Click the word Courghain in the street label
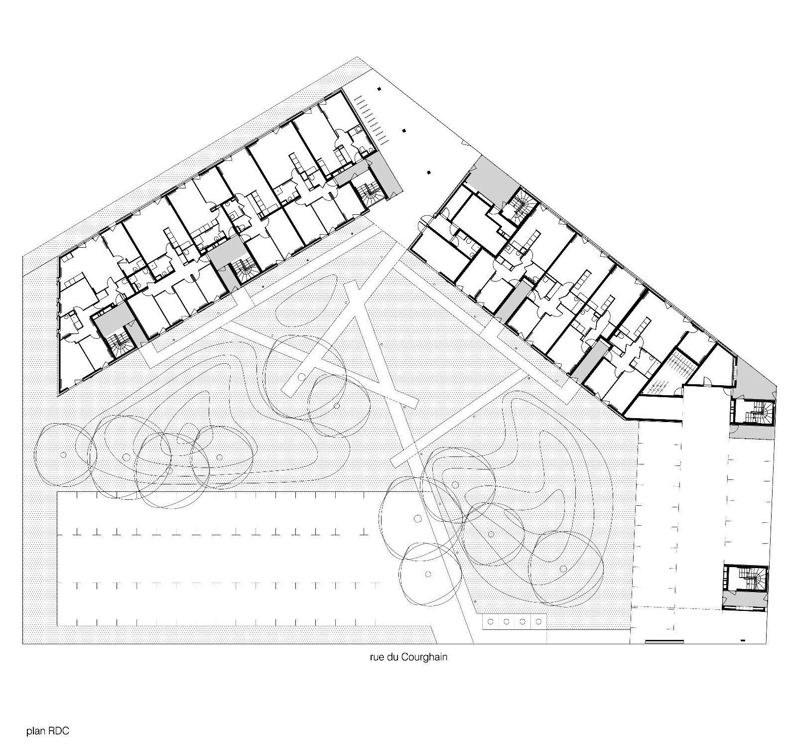[426, 657]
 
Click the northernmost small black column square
[379, 89]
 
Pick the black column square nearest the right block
[428, 173]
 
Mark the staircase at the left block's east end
[371, 190]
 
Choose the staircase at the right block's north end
[520, 203]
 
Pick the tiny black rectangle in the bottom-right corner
[743, 640]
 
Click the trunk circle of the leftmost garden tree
[64, 454]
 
